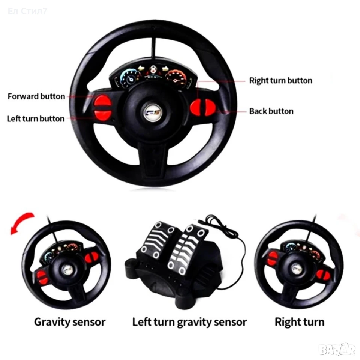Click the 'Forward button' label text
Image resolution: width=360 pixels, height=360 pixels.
[x=36, y=96]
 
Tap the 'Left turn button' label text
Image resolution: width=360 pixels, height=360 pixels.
[x=36, y=119]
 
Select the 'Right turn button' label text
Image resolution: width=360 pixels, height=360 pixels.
[x=281, y=81]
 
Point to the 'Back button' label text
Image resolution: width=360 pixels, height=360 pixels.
[x=271, y=111]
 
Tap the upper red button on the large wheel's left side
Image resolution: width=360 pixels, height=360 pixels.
[x=102, y=101]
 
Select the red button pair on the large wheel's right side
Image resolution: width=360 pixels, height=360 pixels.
[x=203, y=107]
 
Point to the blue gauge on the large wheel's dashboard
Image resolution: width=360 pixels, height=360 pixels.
[x=130, y=77]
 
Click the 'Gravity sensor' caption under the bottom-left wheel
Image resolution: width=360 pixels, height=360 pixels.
[x=70, y=322]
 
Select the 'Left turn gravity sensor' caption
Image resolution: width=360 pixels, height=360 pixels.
[x=189, y=322]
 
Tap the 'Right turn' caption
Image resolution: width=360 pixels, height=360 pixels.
[x=300, y=322]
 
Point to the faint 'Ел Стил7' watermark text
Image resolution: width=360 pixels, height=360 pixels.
[x=27, y=11]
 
